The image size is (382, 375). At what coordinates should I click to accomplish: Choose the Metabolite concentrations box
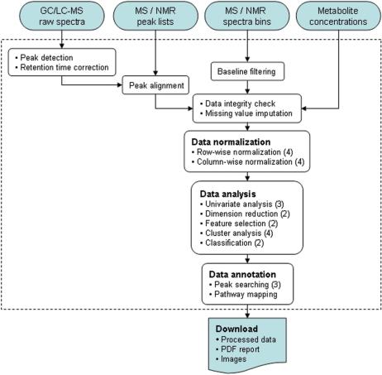[x=335, y=19]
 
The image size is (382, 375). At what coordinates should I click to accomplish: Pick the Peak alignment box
[x=155, y=84]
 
